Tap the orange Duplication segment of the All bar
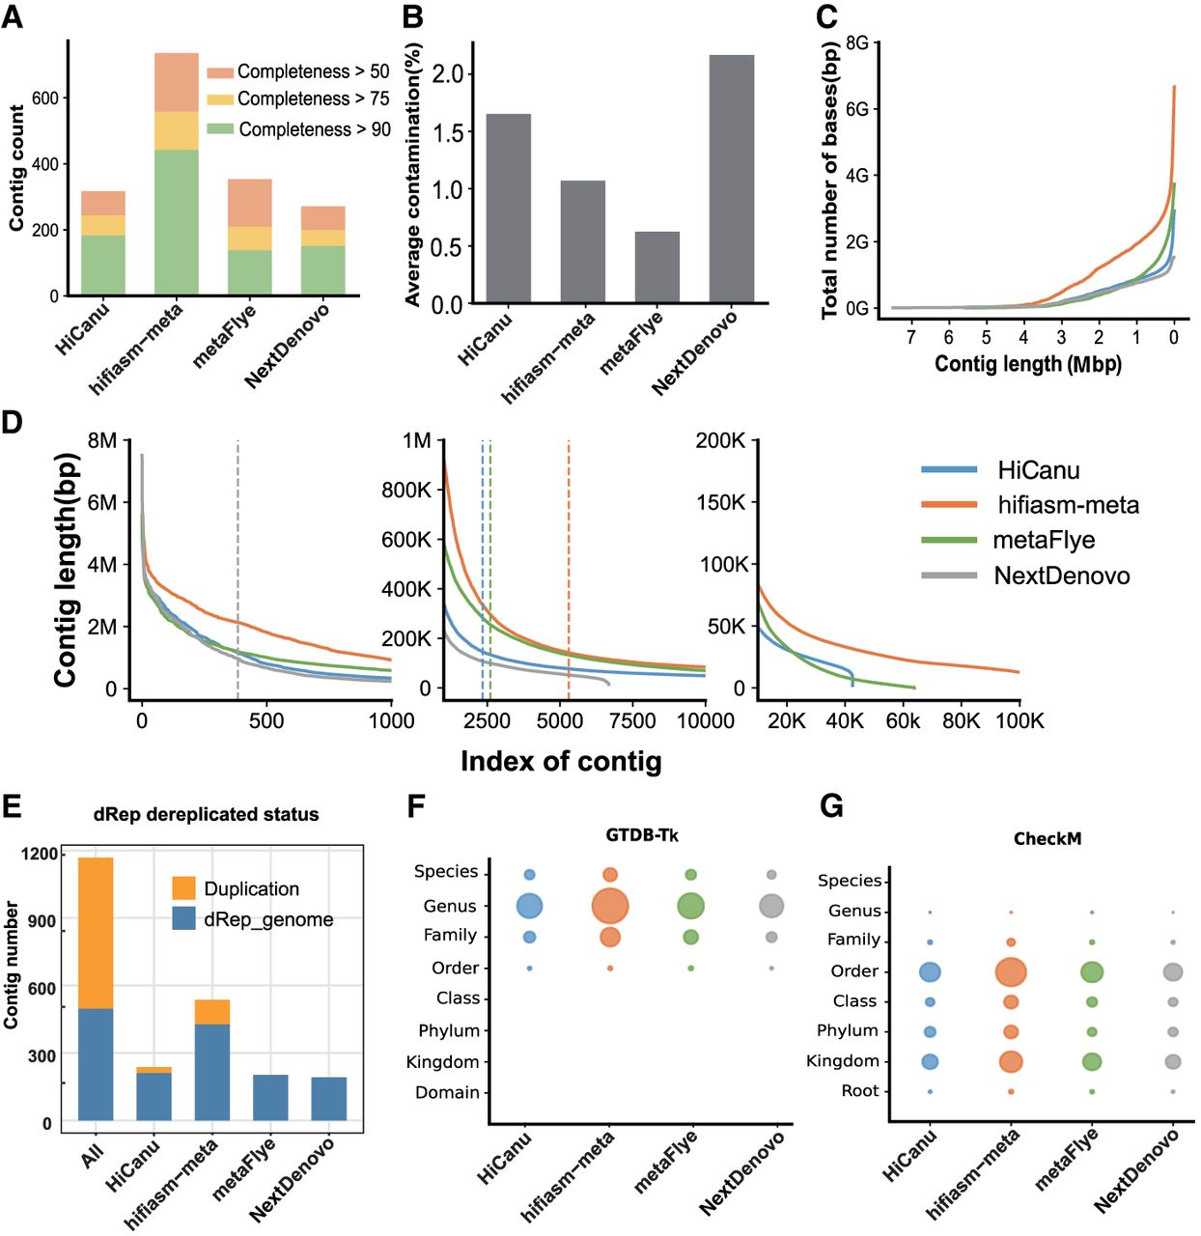click(x=96, y=933)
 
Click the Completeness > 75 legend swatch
click(x=220, y=99)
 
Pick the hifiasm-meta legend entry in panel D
click(x=1068, y=505)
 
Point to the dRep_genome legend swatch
click(x=183, y=918)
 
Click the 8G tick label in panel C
click(x=856, y=42)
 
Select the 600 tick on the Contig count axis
click(x=44, y=98)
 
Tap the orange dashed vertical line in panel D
click(x=569, y=570)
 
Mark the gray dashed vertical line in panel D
click(x=237, y=570)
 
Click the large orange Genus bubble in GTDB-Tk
click(x=609, y=907)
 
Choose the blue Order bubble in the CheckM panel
click(x=930, y=972)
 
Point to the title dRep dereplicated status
click(x=206, y=814)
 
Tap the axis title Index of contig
click(x=561, y=761)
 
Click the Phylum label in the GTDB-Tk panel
click(x=449, y=1030)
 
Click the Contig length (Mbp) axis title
click(x=1027, y=364)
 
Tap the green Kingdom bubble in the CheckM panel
click(x=1092, y=1061)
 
